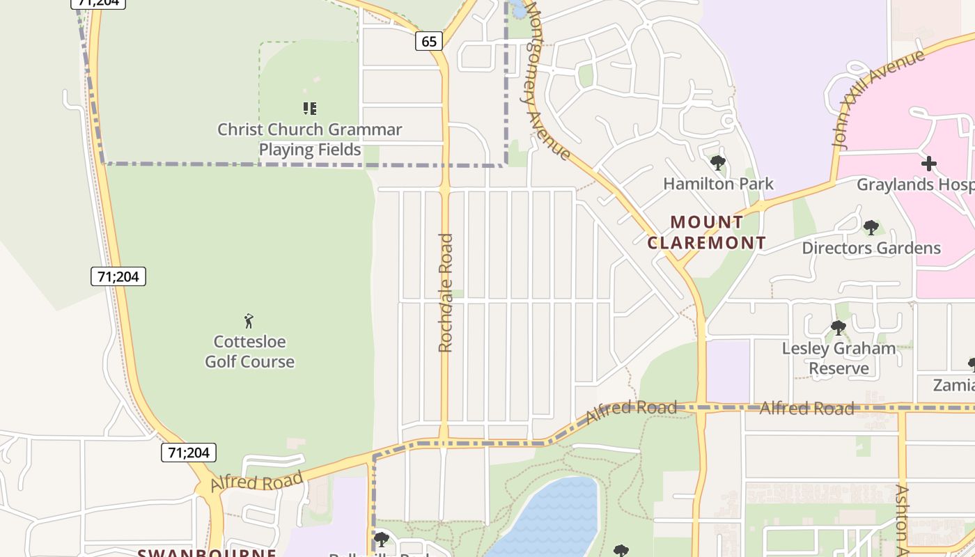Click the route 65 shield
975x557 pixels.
[x=429, y=41]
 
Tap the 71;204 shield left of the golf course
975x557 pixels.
[x=118, y=276]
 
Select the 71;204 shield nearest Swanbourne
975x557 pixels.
[x=189, y=453]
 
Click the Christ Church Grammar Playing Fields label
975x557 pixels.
[x=310, y=139]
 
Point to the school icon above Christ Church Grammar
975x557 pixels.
[x=310, y=108]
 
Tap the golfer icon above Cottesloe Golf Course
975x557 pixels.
[x=249, y=321]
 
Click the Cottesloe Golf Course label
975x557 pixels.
[x=249, y=352]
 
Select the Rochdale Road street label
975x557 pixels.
[x=446, y=292]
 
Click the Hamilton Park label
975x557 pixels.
[x=718, y=184]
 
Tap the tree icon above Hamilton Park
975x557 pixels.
[x=718, y=164]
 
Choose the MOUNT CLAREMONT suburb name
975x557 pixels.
[x=707, y=233]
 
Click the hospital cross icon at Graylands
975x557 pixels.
[x=929, y=164]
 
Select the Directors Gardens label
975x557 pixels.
[x=871, y=248]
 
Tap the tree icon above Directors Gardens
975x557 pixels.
[x=871, y=228]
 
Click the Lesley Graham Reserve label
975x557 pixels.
[x=839, y=358]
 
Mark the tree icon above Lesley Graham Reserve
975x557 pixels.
[x=838, y=327]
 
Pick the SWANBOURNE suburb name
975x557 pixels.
[x=207, y=553]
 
